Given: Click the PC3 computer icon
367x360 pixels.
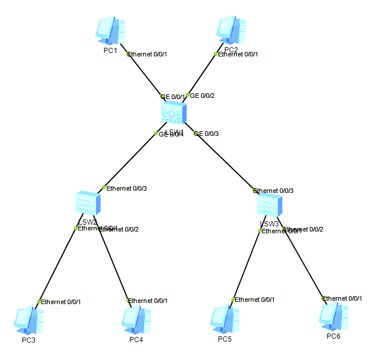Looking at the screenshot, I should (x=29, y=320).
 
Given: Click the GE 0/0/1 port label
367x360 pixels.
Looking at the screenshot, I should (x=173, y=97).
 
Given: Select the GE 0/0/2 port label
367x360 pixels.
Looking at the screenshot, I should (x=202, y=96).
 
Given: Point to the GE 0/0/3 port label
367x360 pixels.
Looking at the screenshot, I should (x=207, y=134).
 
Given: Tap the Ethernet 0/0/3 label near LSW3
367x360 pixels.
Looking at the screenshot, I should (x=274, y=191).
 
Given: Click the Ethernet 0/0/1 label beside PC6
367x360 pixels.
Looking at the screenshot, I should (x=342, y=298).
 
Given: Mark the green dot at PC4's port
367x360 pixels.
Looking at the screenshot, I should (x=128, y=300).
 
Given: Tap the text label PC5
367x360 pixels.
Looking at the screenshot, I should (x=224, y=339).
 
